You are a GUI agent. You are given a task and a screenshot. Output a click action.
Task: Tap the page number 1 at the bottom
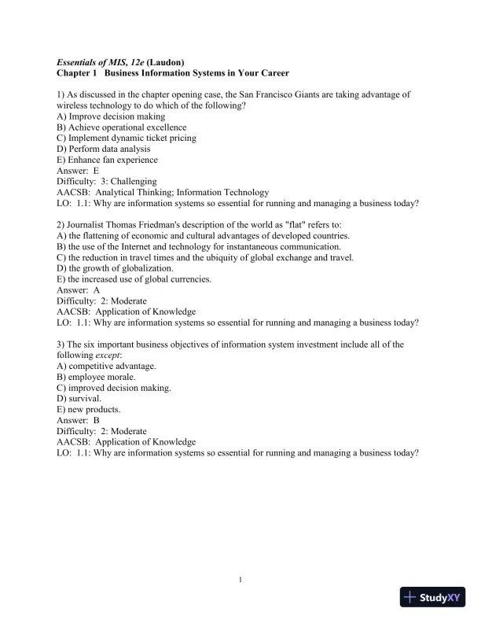(x=240, y=580)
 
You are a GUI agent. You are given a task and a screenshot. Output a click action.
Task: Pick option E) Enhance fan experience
(x=108, y=160)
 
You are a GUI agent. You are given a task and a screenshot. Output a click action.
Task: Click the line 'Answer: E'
(x=78, y=171)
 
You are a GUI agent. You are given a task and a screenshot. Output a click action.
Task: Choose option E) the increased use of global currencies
(x=134, y=279)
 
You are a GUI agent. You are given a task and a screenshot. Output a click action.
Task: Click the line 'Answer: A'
(x=78, y=290)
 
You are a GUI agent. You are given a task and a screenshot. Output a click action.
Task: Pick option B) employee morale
(x=96, y=377)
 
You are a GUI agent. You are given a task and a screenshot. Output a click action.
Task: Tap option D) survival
(x=79, y=399)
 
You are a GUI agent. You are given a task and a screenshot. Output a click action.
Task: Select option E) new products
(x=89, y=410)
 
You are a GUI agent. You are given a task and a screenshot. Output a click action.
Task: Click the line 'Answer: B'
(x=78, y=421)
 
